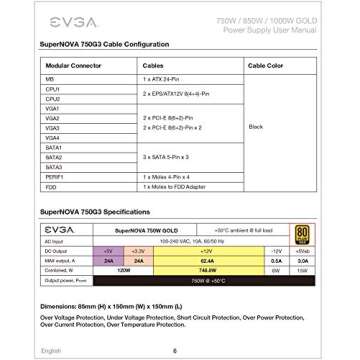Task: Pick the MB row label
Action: coord(49,78)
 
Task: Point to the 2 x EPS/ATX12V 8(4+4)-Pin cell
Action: coord(176,93)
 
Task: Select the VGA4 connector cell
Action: coord(52,137)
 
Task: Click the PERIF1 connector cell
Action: coord(54,176)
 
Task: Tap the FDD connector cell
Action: coord(50,186)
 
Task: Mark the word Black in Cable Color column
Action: coord(255,127)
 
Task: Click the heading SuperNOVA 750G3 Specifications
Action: coord(95,212)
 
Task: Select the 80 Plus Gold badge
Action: coord(304,234)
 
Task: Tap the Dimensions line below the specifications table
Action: coord(111,305)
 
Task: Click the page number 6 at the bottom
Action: coord(175,350)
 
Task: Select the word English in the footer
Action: coord(51,350)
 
